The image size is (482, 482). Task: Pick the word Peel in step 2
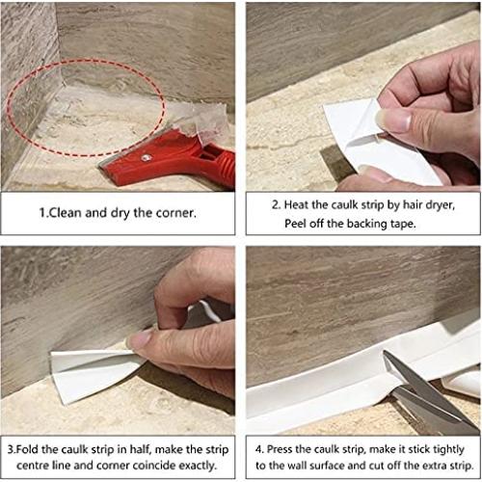click(x=298, y=224)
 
